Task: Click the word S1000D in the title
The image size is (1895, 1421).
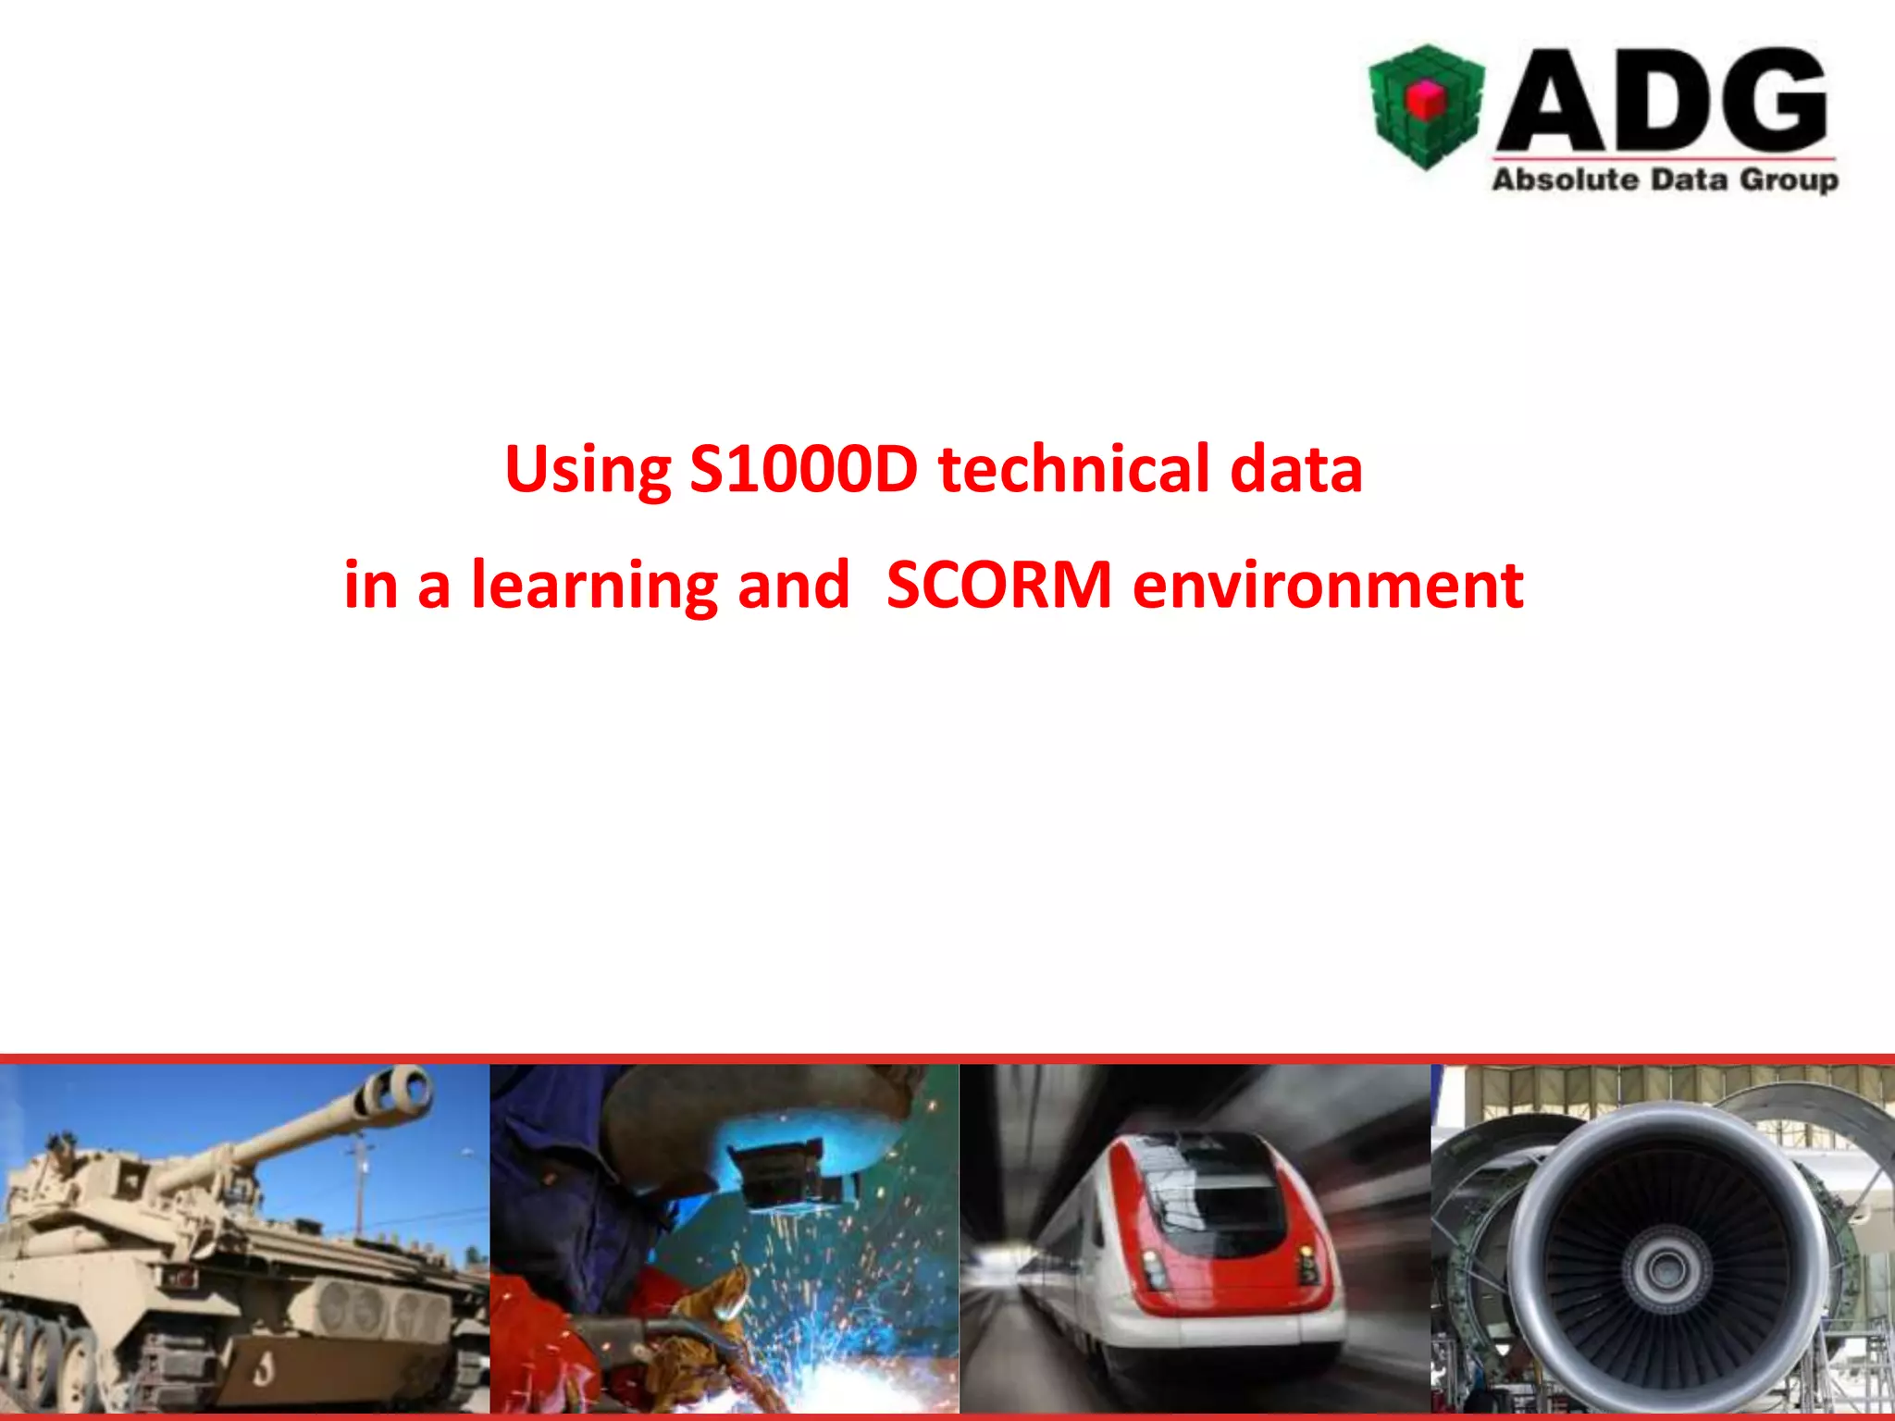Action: coord(803,469)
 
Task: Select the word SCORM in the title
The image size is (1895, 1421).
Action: coord(998,585)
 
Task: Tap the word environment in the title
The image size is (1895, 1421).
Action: coord(1328,585)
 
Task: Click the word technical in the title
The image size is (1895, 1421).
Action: coord(1073,469)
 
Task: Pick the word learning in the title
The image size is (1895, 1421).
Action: coord(594,587)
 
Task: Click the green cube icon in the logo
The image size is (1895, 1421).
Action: coord(1426,106)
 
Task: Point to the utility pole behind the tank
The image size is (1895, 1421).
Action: coord(359,1184)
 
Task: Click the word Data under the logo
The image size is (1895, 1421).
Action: coord(1689,179)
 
